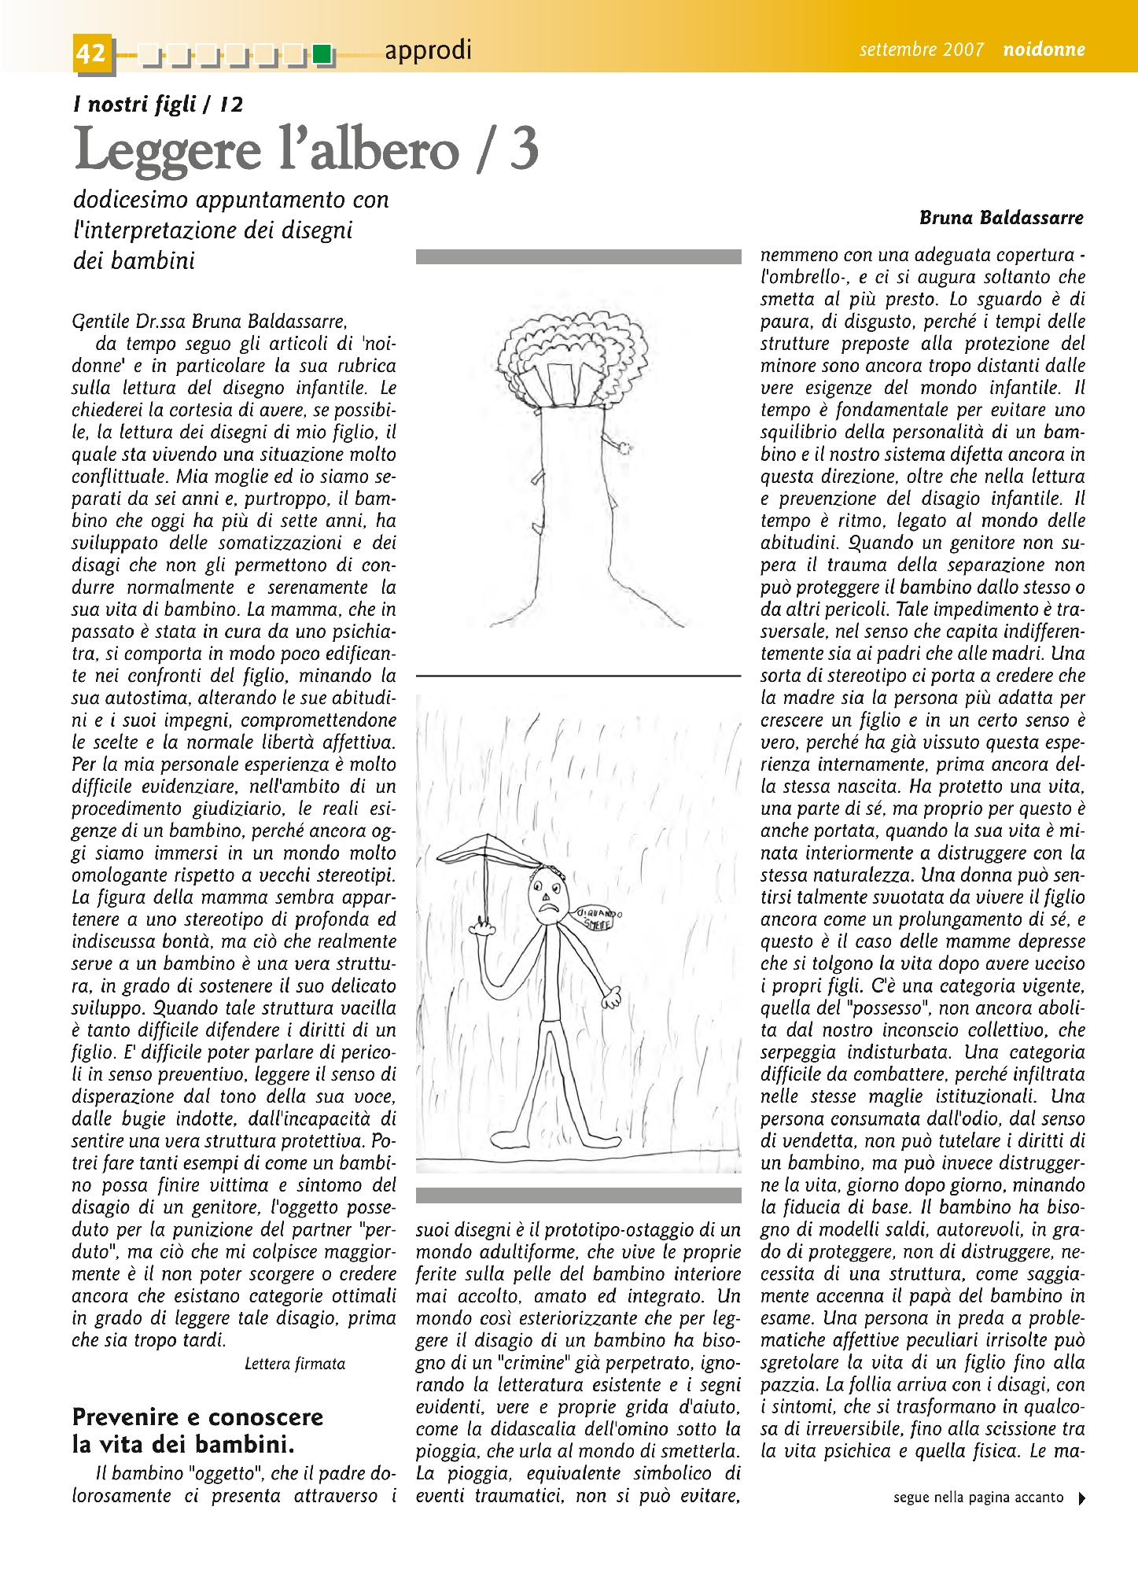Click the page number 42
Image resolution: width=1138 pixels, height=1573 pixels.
click(91, 53)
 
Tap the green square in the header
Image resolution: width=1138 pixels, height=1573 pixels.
click(321, 54)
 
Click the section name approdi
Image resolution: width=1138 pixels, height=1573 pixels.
click(428, 50)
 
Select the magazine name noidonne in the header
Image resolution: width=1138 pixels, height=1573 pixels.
click(1044, 50)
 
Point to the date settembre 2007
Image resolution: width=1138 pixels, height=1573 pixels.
click(921, 50)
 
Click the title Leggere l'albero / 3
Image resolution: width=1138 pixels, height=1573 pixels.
click(306, 149)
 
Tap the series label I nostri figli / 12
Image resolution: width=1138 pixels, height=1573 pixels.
click(158, 104)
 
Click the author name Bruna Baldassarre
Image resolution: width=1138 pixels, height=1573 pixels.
click(1001, 218)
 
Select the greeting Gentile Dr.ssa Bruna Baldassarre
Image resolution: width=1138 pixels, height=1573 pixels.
click(209, 322)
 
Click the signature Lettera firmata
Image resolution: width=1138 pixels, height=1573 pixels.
click(295, 1364)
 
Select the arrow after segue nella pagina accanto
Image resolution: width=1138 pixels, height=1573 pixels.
click(1082, 1499)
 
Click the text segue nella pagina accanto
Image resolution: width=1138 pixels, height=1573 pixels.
click(978, 1498)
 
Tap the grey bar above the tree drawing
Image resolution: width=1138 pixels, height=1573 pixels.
click(578, 256)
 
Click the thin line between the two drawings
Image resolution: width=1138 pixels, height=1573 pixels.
click(578, 676)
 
